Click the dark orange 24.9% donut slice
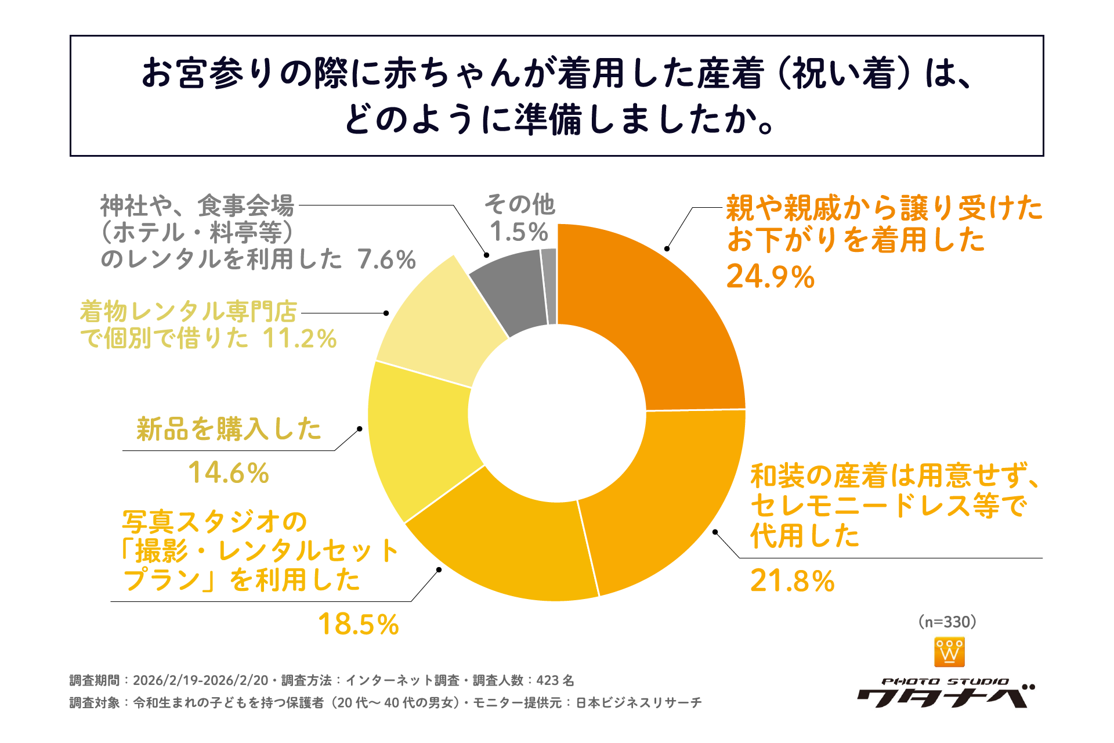pyautogui.click(x=656, y=308)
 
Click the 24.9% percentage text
pyautogui.click(x=771, y=277)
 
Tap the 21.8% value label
pyautogui.click(x=792, y=581)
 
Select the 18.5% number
pyautogui.click(x=358, y=625)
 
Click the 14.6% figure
pyautogui.click(x=228, y=473)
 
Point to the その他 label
pyautogui.click(x=519, y=204)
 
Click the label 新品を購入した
pyautogui.click(x=229, y=430)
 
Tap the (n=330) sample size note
pyautogui.click(x=947, y=622)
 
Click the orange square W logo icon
pyautogui.click(x=949, y=652)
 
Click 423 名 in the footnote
pyautogui.click(x=555, y=680)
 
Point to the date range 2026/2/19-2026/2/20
pyautogui.click(x=201, y=680)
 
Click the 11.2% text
pyautogui.click(x=299, y=339)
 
